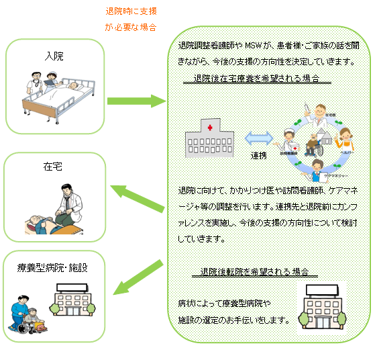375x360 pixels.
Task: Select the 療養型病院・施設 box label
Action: (52, 268)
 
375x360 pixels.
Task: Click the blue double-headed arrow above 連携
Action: (257, 138)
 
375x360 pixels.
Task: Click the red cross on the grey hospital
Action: (210, 127)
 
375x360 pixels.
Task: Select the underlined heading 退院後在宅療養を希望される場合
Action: (258, 79)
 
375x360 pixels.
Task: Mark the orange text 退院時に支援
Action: (131, 11)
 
